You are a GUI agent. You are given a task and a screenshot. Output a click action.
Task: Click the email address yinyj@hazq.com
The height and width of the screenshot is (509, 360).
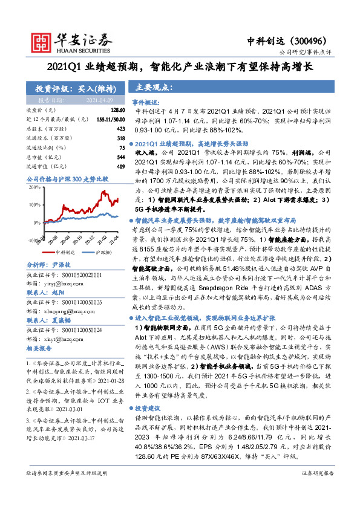click(61, 282)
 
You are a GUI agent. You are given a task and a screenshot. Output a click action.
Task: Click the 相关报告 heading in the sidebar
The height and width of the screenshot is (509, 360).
click(41, 349)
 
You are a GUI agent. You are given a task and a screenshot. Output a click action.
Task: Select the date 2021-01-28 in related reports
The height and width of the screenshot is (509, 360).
click(110, 381)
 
